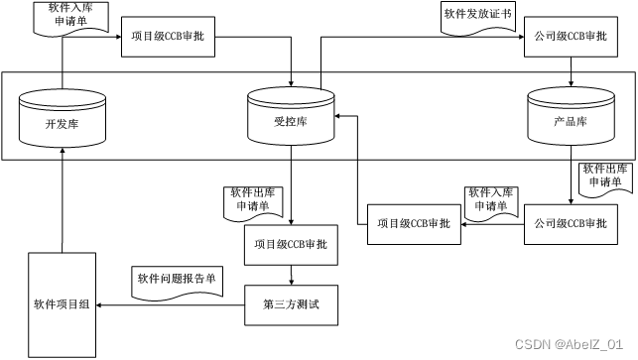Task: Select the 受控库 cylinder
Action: coord(291,117)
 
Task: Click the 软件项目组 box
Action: coord(62,303)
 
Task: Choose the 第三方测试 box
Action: coord(291,304)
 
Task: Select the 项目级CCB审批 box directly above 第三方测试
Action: coord(291,243)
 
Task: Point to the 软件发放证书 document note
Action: coord(476,17)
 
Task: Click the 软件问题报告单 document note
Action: coord(175,281)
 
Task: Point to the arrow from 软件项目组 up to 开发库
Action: coord(62,198)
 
